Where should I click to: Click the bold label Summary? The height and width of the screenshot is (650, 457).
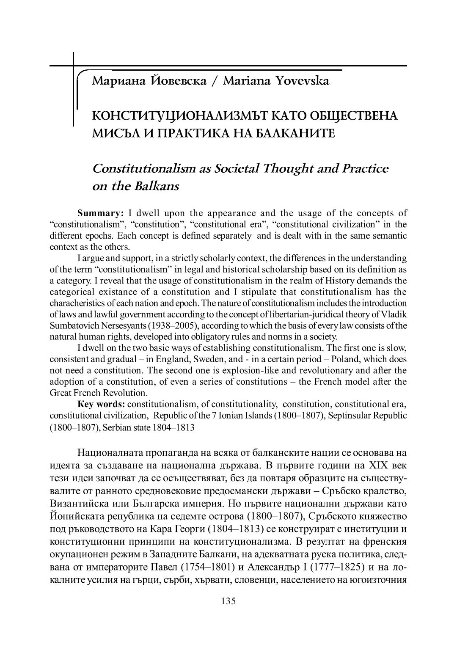coord(100,213)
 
